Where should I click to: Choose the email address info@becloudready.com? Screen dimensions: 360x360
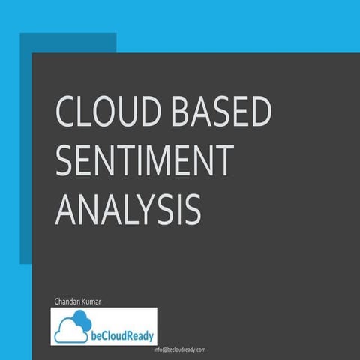click(x=179, y=350)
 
